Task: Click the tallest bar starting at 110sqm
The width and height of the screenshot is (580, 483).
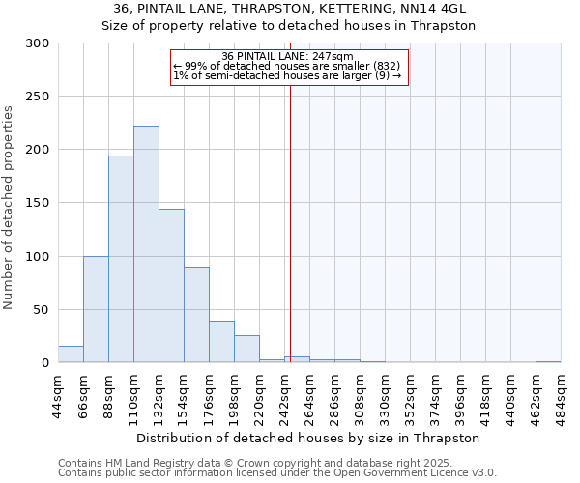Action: click(x=146, y=244)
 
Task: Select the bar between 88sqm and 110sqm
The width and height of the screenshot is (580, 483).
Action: click(x=121, y=259)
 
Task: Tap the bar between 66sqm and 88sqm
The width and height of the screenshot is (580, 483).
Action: click(x=96, y=309)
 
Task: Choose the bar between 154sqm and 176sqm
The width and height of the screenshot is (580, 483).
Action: click(x=196, y=315)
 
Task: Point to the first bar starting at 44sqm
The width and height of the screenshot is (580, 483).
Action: click(x=71, y=355)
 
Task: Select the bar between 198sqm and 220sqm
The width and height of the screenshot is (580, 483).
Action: click(x=246, y=349)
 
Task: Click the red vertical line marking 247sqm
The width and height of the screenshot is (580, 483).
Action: click(x=290, y=222)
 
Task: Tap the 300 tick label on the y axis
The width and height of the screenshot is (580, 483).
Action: click(x=38, y=43)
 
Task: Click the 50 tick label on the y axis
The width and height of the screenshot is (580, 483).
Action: click(x=42, y=310)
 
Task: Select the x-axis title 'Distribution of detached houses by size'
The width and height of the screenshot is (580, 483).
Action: click(x=290, y=438)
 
